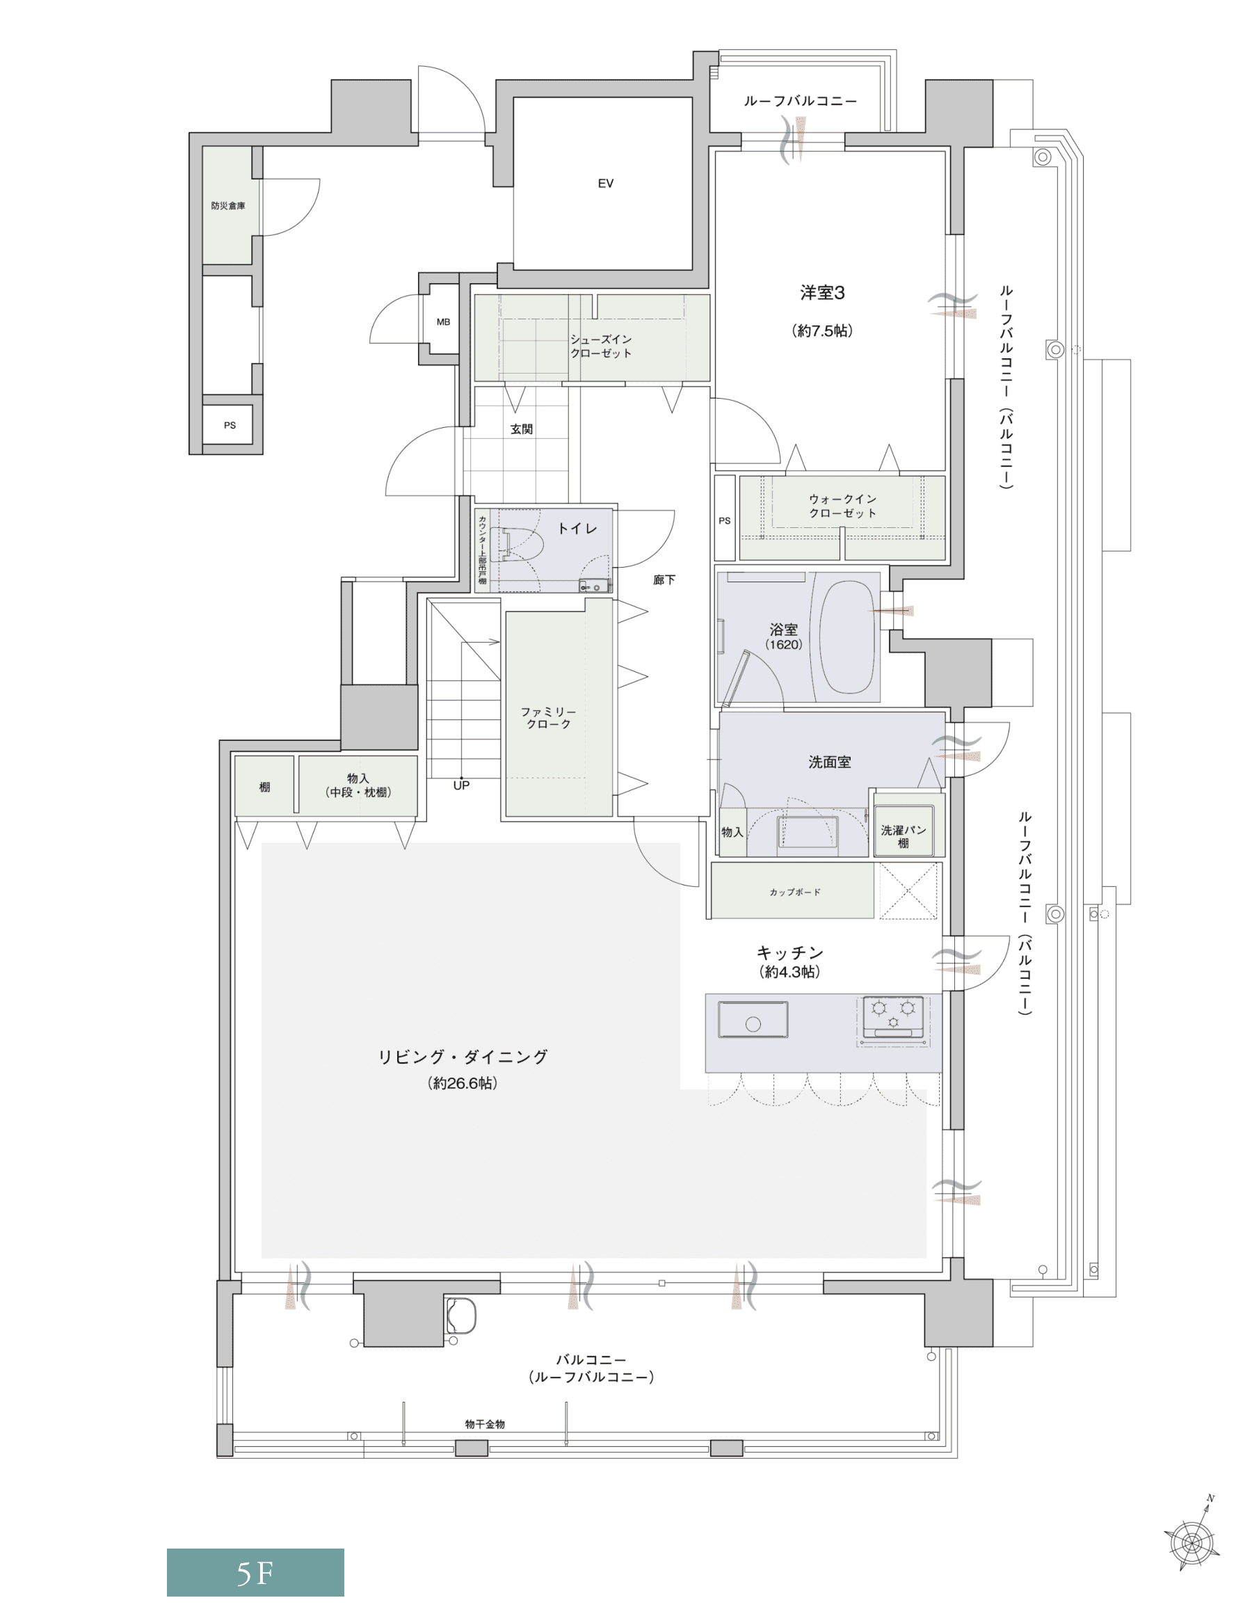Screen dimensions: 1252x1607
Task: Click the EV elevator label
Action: [x=605, y=183]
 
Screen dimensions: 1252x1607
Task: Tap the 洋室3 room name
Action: [x=822, y=293]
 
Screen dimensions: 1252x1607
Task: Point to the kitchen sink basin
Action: [x=753, y=1020]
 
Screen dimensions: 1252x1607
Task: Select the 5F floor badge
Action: [x=255, y=1573]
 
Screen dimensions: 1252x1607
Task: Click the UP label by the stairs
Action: [x=461, y=785]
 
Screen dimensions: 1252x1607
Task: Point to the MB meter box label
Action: [x=443, y=321]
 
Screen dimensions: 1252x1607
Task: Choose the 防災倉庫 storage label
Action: [x=228, y=205]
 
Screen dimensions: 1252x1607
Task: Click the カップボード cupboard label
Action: [x=795, y=892]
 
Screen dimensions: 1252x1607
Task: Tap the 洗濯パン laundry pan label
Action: [x=904, y=830]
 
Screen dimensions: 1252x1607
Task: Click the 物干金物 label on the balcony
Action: [x=485, y=1424]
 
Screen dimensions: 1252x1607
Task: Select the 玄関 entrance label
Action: [x=522, y=429]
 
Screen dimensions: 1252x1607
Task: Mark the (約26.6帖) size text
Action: [x=463, y=1083]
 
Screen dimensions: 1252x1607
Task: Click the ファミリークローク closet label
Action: [x=548, y=717]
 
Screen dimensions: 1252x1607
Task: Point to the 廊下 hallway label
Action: [x=664, y=579]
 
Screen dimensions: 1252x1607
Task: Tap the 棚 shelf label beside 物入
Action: [x=265, y=787]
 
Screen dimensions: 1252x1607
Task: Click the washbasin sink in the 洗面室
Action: [x=808, y=834]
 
